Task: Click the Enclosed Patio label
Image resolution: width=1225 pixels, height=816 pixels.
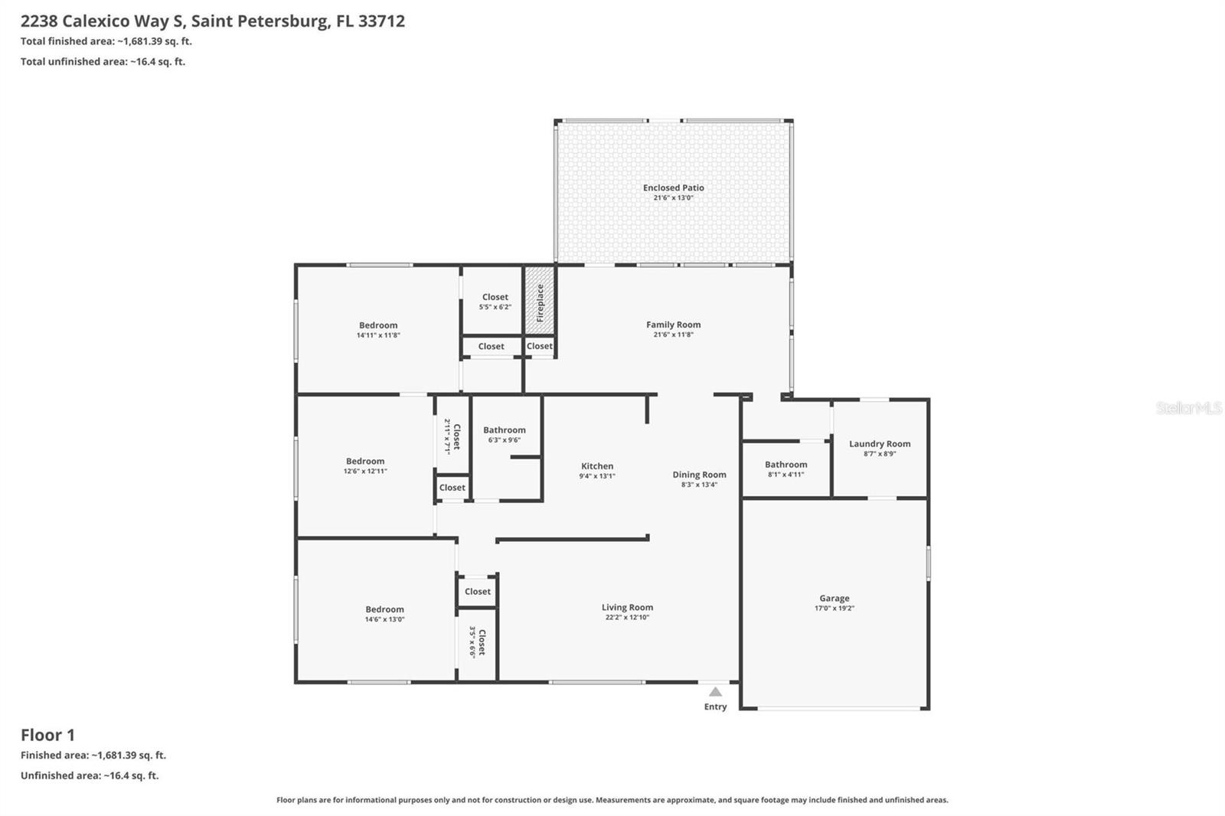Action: [673, 188]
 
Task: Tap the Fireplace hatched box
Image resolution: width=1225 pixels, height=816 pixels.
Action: [539, 302]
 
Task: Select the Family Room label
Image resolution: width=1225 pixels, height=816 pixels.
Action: [673, 325]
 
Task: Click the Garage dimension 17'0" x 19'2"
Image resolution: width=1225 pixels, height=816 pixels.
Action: [834, 609]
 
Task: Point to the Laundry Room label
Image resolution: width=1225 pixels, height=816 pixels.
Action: [879, 444]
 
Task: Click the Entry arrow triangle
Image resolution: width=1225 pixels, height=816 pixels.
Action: [715, 692]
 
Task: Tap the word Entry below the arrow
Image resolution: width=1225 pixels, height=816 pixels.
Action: [715, 707]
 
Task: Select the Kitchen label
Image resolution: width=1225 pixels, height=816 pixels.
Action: [596, 466]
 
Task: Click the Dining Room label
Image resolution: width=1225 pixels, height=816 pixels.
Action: [699, 475]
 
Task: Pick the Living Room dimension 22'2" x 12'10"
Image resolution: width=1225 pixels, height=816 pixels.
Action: [627, 618]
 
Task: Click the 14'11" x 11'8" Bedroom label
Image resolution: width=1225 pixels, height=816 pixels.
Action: [378, 325]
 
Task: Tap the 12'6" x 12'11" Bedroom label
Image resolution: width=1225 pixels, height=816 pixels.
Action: [365, 462]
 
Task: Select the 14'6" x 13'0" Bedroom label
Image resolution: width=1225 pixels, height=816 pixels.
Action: [384, 610]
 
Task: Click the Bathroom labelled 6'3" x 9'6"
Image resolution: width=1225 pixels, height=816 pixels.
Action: [504, 430]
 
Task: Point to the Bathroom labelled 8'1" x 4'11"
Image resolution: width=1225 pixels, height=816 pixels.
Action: [786, 465]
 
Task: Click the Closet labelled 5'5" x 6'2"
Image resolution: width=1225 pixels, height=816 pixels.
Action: [495, 297]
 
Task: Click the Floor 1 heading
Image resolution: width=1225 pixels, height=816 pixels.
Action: [47, 735]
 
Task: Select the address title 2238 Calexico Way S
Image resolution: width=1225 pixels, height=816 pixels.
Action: [213, 21]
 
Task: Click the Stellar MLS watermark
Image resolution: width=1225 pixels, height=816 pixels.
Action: [1188, 408]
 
